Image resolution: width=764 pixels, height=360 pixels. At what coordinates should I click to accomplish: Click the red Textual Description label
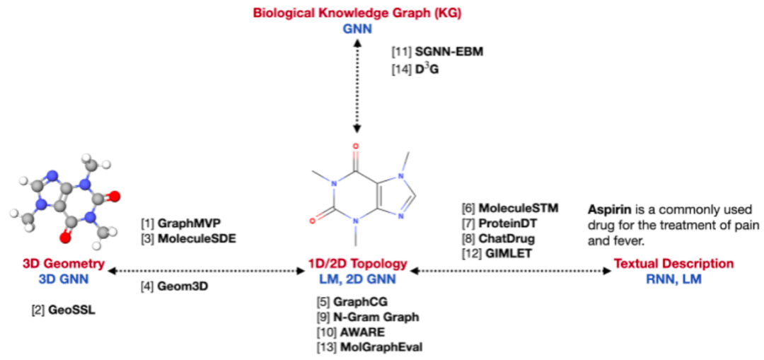(x=673, y=264)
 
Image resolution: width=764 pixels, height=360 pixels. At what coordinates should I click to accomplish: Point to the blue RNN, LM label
(x=673, y=279)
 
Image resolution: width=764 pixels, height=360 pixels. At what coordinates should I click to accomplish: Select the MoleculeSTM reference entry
(x=508, y=208)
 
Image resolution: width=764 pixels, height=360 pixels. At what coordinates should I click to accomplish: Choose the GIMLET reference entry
(x=494, y=253)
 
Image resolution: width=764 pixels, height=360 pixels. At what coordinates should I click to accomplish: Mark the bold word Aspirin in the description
(x=606, y=209)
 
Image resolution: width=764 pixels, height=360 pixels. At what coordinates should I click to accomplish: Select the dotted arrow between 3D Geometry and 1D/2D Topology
(x=205, y=270)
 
